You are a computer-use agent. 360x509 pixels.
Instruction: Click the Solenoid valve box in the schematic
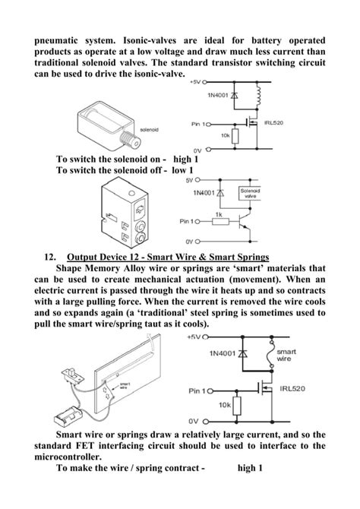(x=250, y=193)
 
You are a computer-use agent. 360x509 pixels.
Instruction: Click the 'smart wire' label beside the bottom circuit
(x=286, y=356)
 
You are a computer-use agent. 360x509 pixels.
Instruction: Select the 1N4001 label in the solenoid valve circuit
(x=201, y=195)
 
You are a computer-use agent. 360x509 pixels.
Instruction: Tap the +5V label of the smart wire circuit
(x=193, y=337)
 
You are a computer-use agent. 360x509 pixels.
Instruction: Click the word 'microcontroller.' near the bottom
(x=72, y=458)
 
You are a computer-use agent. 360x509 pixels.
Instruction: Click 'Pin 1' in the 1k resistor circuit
(x=189, y=222)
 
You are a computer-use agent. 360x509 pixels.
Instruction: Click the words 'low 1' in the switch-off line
(x=185, y=171)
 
